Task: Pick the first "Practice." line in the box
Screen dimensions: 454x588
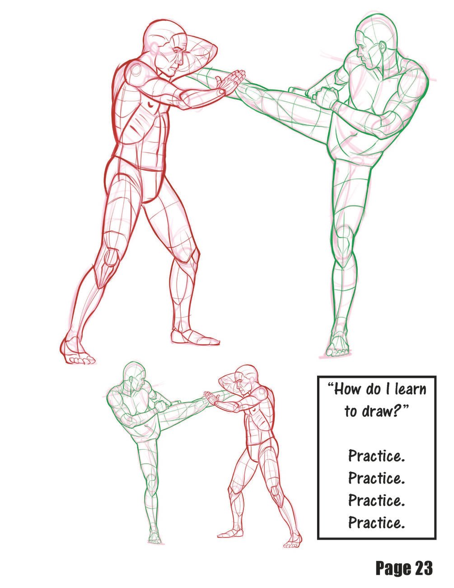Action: (x=376, y=456)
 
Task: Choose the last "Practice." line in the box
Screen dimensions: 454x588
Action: (x=376, y=522)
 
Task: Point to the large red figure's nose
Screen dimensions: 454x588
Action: (x=179, y=61)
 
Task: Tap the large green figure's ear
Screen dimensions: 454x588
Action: (x=382, y=48)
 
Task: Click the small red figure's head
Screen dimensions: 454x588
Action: (x=246, y=376)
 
